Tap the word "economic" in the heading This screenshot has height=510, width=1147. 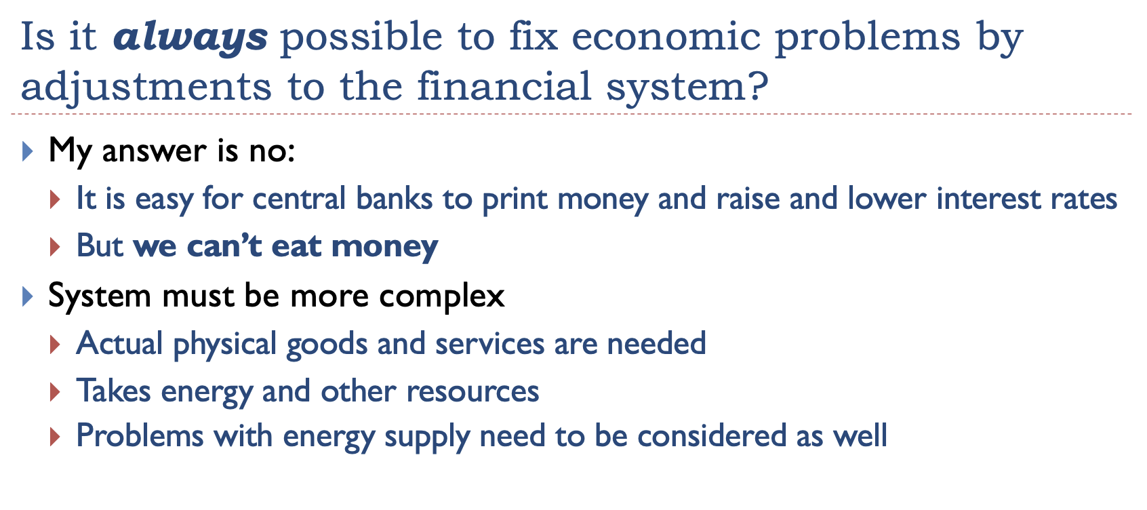(666, 37)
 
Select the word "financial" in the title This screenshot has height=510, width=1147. (504, 85)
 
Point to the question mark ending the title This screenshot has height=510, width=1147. (760, 85)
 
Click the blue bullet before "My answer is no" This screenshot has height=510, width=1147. (28, 151)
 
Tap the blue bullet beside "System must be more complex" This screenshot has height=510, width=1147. (28, 296)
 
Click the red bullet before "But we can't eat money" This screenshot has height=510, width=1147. (55, 247)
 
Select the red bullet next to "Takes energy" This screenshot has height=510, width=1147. (55, 392)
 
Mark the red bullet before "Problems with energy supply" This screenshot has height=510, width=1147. (55, 437)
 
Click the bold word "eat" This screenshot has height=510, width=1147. (296, 246)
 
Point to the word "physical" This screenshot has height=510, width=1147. (225, 344)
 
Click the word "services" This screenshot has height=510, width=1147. (489, 344)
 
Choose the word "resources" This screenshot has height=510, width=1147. (472, 392)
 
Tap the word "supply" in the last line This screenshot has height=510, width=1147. (427, 437)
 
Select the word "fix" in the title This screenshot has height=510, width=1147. (534, 37)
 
